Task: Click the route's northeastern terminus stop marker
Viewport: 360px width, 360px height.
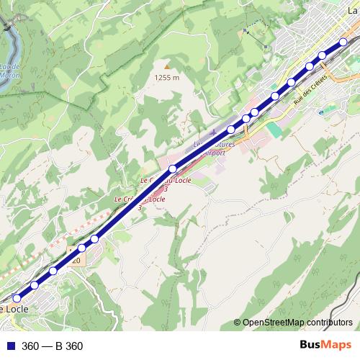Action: coord(343,42)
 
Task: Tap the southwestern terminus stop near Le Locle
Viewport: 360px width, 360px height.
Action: coord(17,297)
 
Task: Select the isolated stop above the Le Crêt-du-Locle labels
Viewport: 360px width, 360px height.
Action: coord(173,168)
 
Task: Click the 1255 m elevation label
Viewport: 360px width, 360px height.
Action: coord(166,78)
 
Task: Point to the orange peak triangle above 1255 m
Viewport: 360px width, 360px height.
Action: coord(166,66)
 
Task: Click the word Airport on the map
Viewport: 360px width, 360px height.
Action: coord(216,153)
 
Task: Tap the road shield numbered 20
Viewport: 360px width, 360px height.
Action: coord(76,261)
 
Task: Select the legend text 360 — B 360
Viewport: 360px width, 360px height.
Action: coord(53,346)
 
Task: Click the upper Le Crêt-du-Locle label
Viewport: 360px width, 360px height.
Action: coord(166,181)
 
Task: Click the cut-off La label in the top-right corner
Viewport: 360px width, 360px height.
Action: coord(353,10)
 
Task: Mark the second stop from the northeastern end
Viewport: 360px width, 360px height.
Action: coord(323,55)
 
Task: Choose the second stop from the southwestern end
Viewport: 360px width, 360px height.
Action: coord(34,286)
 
